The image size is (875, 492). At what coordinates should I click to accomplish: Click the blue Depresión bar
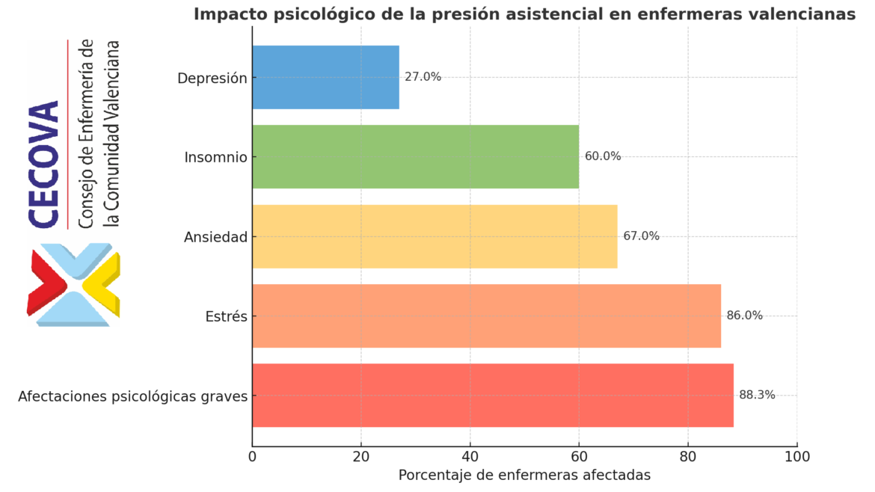[x=325, y=77]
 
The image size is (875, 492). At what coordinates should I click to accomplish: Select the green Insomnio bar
[x=415, y=156]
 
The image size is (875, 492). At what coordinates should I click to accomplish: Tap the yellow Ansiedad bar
[x=435, y=236]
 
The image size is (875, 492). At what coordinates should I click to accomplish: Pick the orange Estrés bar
[x=486, y=316]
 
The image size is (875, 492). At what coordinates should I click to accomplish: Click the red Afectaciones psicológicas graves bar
[x=492, y=395]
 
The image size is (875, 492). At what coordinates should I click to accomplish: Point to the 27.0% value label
[x=423, y=77]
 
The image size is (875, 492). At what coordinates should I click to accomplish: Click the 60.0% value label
[x=603, y=156]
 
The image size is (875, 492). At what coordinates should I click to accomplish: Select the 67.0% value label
[x=641, y=236]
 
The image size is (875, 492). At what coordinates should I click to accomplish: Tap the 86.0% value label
[x=744, y=316]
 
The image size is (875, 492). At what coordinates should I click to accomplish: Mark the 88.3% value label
[x=757, y=395]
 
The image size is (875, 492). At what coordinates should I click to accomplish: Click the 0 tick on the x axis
[x=253, y=455]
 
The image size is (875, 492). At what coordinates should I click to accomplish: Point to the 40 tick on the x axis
[x=470, y=455]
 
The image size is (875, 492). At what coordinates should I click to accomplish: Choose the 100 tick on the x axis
[x=797, y=455]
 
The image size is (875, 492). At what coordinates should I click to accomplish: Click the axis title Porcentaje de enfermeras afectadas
[x=524, y=475]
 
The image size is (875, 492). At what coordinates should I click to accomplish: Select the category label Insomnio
[x=215, y=157]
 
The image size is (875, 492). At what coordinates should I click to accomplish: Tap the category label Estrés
[x=226, y=316]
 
